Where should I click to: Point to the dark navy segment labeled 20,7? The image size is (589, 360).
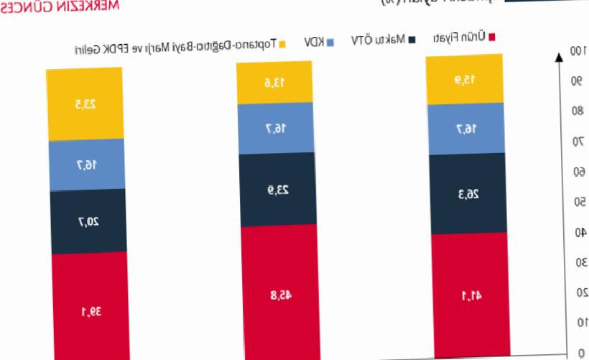(x=88, y=221)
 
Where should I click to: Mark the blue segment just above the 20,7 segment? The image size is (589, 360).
(x=86, y=165)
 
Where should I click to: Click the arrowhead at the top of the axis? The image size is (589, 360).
(x=559, y=56)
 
